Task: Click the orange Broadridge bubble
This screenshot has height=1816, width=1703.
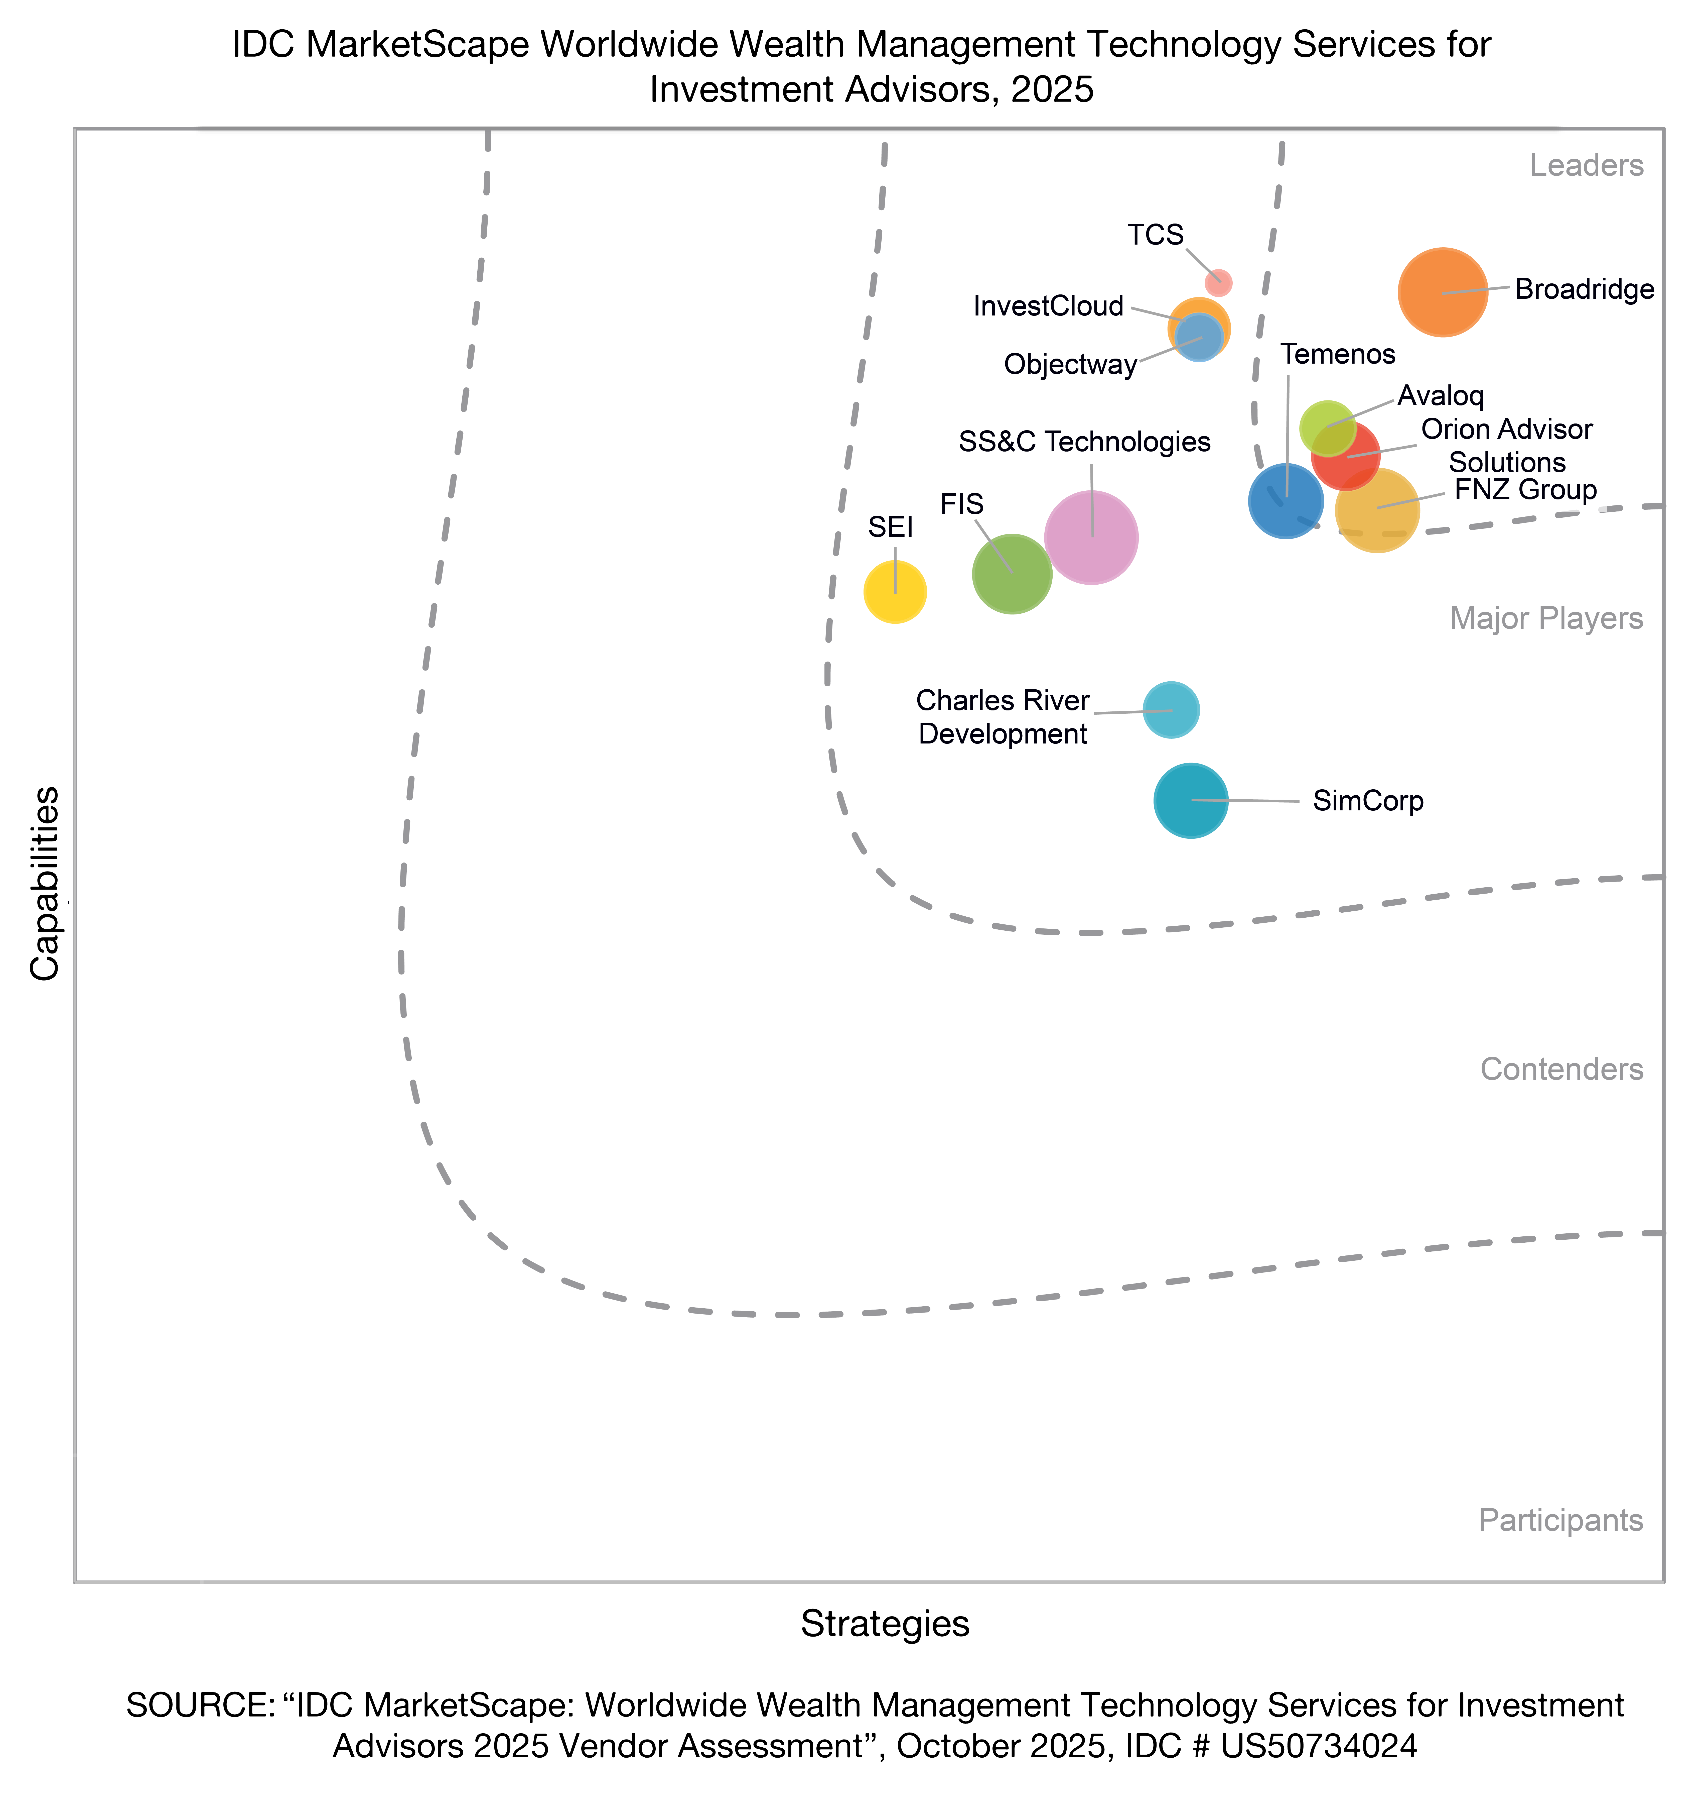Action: point(1442,292)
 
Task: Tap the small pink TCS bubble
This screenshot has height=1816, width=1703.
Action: point(1218,282)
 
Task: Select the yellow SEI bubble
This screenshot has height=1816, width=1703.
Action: point(895,592)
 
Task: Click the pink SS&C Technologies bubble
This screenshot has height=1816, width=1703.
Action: point(1090,537)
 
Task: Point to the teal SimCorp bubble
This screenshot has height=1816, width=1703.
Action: point(1190,800)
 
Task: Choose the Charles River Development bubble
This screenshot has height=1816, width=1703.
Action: point(1171,710)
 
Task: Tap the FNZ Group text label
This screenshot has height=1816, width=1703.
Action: point(1525,491)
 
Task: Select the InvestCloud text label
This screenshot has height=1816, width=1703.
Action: point(1048,306)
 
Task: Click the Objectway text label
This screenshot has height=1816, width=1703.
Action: point(1070,365)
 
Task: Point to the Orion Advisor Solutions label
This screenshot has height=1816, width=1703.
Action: point(1507,445)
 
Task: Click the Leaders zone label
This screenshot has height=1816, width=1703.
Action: point(1586,165)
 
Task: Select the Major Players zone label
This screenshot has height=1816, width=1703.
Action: point(1546,618)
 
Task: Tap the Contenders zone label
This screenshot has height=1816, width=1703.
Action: point(1562,1069)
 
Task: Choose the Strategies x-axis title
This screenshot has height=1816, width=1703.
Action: point(885,1623)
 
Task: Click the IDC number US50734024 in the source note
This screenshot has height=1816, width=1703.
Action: point(1319,1746)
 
